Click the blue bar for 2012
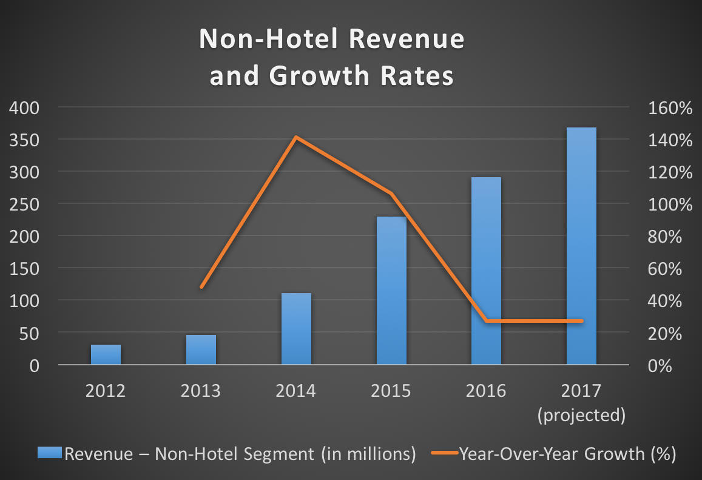coord(106,354)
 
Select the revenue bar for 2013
coord(201,350)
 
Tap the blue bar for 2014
coord(296,329)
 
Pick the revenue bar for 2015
coord(391,291)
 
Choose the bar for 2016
coord(486,271)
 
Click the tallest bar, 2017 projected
coord(581,246)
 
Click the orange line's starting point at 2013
coord(201,287)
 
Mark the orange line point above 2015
coord(391,194)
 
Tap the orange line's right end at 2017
coord(581,320)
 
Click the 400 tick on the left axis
coord(24,109)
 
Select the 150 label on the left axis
coord(24,268)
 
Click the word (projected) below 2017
coord(581,415)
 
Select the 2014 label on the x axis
coord(296,390)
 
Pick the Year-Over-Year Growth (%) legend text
coord(567,453)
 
